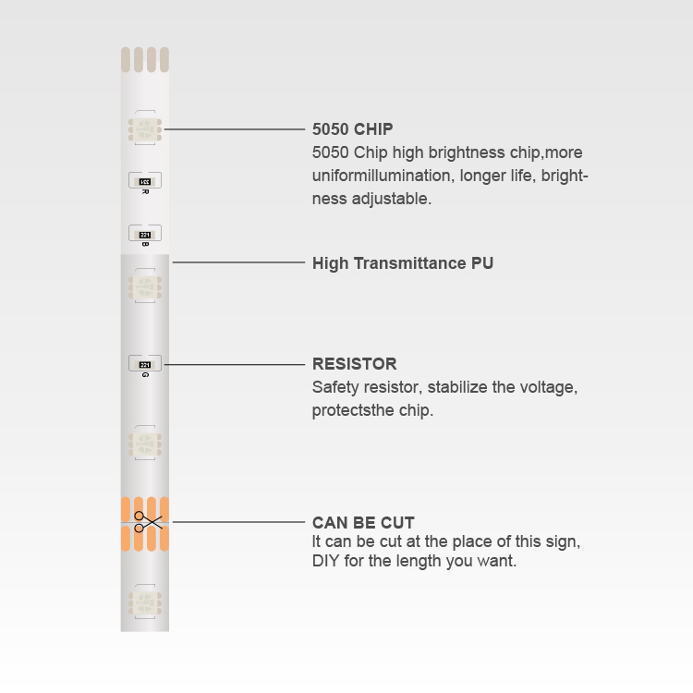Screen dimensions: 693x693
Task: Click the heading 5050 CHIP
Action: (x=352, y=129)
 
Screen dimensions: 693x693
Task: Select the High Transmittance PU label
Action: (x=403, y=263)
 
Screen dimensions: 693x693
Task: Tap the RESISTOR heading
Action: (x=355, y=364)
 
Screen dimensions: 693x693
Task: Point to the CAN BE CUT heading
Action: (x=363, y=522)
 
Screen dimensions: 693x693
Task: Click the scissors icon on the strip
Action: (x=148, y=522)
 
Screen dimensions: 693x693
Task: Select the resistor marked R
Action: (x=145, y=181)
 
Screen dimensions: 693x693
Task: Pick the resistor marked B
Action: (x=145, y=234)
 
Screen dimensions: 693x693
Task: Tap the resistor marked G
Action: (x=145, y=364)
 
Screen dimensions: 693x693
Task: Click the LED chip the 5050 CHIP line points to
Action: (x=145, y=129)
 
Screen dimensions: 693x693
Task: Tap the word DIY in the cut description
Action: (x=326, y=561)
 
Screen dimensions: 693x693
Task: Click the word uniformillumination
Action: (x=383, y=176)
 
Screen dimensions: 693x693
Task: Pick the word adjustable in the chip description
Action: (x=391, y=200)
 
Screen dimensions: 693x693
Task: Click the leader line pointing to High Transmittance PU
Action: (x=238, y=262)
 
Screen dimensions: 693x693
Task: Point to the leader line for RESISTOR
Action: (x=235, y=365)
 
